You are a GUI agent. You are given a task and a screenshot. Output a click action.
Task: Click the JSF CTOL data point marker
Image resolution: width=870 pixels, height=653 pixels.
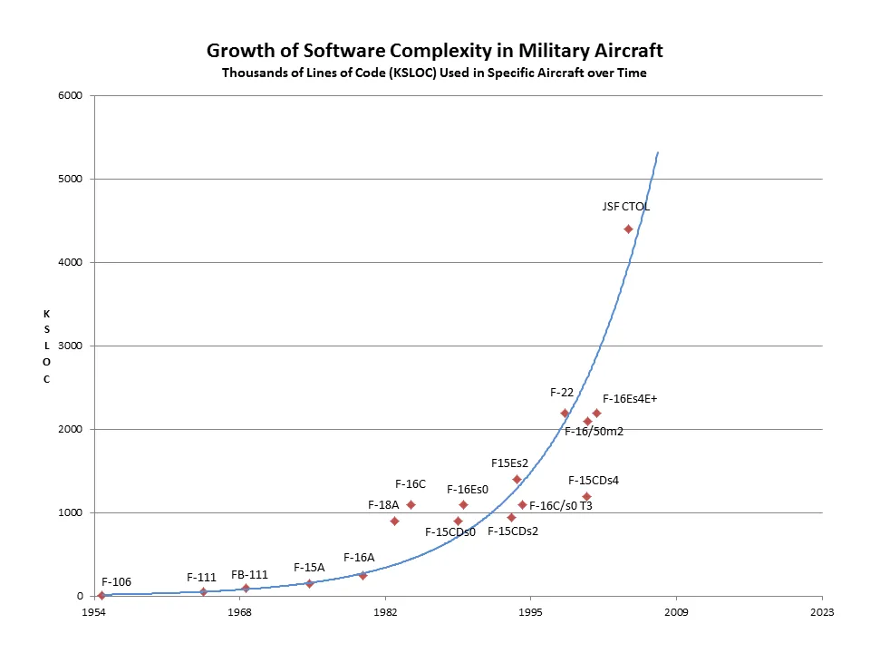pyautogui.click(x=628, y=229)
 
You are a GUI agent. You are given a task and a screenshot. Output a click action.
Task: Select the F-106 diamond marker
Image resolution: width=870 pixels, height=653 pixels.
pyautogui.click(x=101, y=596)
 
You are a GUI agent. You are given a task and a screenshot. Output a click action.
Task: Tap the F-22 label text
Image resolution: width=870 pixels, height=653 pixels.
pyautogui.click(x=562, y=393)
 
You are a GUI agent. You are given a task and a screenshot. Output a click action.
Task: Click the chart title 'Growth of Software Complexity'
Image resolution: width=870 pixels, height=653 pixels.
pyautogui.click(x=434, y=50)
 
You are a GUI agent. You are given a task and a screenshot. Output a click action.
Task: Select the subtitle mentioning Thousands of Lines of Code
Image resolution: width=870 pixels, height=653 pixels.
pyautogui.click(x=434, y=73)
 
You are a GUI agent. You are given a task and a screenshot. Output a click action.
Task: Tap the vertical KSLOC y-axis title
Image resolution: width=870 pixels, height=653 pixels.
pyautogui.click(x=46, y=346)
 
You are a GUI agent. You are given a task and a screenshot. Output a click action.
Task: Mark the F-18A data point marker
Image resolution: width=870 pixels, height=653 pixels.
pyautogui.click(x=394, y=521)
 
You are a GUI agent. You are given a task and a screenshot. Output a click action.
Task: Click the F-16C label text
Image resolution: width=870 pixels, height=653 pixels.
pyautogui.click(x=411, y=483)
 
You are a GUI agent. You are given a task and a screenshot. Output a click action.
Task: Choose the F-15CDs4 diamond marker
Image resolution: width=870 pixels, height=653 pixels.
pyautogui.click(x=586, y=496)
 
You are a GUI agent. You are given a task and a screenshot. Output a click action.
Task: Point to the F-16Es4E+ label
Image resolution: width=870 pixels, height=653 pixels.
pyautogui.click(x=629, y=397)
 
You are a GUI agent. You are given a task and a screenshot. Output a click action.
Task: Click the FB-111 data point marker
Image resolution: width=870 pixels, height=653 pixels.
pyautogui.click(x=246, y=588)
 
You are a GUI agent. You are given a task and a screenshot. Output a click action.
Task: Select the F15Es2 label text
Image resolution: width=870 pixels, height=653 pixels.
pyautogui.click(x=509, y=463)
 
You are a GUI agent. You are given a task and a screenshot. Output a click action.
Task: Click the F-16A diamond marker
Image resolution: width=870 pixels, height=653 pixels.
pyautogui.click(x=362, y=575)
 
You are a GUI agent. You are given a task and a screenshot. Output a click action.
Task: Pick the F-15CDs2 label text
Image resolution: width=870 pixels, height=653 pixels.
pyautogui.click(x=513, y=531)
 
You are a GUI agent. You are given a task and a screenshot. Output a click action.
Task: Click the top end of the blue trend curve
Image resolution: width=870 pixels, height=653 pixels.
pyautogui.click(x=658, y=152)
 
